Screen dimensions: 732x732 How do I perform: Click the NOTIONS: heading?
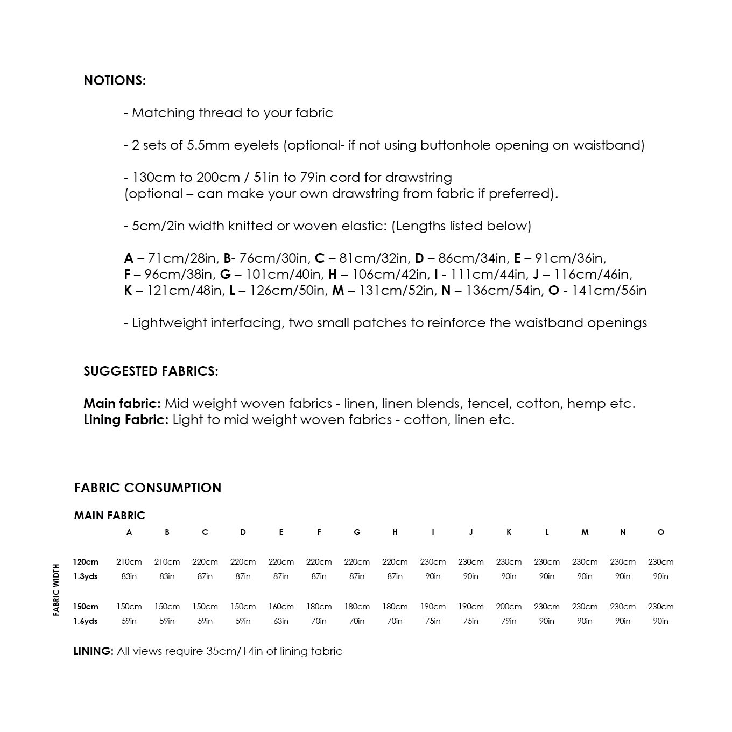tap(115, 81)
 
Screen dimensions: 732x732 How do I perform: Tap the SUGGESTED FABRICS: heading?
tap(151, 371)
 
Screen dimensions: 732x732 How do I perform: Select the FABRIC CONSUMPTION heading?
tap(147, 488)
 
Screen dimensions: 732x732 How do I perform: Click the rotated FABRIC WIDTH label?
tap(56, 590)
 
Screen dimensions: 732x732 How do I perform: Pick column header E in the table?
tap(281, 532)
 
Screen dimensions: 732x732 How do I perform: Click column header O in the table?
tap(661, 532)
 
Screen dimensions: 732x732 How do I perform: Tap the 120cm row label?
tap(86, 562)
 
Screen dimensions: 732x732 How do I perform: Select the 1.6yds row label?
tap(86, 621)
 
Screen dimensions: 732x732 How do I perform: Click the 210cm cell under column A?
tap(129, 562)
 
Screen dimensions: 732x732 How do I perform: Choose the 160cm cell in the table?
tap(281, 607)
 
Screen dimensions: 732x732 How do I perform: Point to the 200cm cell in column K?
tap(509, 607)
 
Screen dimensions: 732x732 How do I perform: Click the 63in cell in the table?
tap(281, 621)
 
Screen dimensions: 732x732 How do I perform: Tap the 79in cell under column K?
tap(509, 621)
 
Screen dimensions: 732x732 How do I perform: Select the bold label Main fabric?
tap(122, 404)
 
